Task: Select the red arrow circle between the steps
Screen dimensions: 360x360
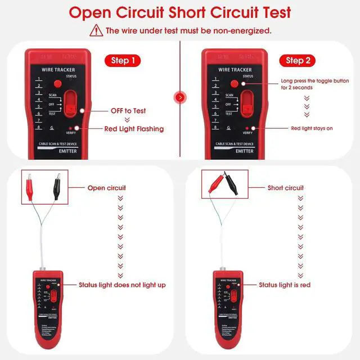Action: pos(180,97)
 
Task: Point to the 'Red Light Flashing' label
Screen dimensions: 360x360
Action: pos(134,129)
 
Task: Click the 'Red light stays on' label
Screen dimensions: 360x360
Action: pos(312,128)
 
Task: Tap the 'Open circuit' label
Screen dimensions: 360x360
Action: pos(107,188)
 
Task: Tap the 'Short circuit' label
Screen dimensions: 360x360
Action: pos(286,188)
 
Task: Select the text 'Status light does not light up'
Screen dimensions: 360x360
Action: pos(122,285)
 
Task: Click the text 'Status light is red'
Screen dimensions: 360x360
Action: pos(285,285)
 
